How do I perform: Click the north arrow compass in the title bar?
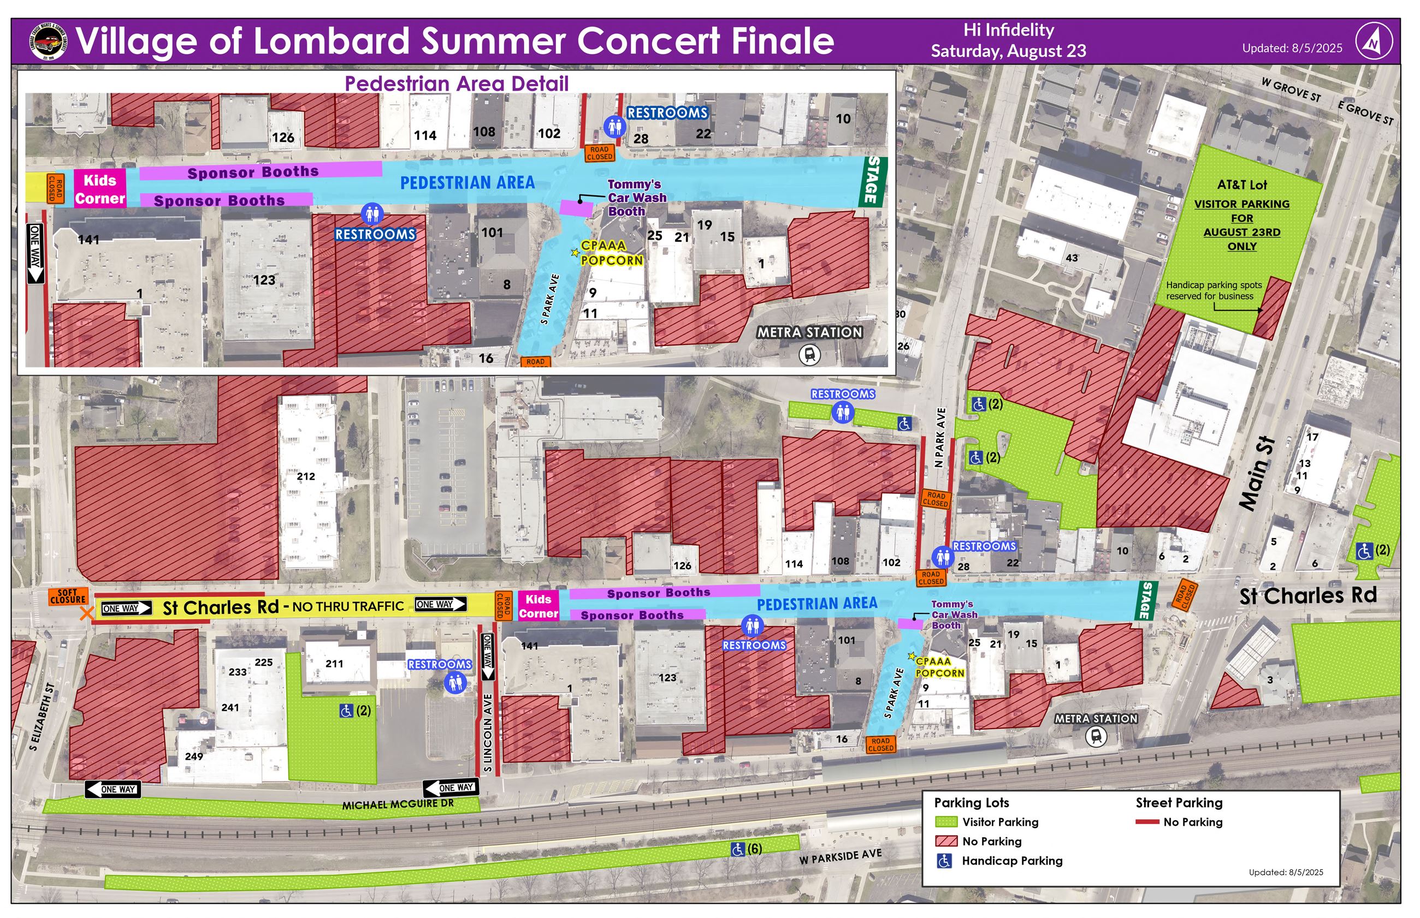tap(1374, 41)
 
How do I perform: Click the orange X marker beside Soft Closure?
tap(87, 612)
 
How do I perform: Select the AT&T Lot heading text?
tap(1241, 186)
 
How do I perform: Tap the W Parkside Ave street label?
tap(840, 857)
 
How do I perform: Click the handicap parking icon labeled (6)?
tap(738, 849)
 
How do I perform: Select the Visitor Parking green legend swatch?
tap(946, 822)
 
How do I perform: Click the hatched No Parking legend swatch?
tap(946, 841)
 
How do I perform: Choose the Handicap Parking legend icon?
tap(944, 861)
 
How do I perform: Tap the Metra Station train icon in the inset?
tap(809, 355)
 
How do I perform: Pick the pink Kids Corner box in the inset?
tap(99, 189)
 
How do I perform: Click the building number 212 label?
tap(305, 476)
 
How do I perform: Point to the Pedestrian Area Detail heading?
tap(456, 84)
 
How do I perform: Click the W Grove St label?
tap(1291, 90)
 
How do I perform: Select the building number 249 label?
tap(194, 756)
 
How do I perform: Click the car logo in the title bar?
tap(48, 41)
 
